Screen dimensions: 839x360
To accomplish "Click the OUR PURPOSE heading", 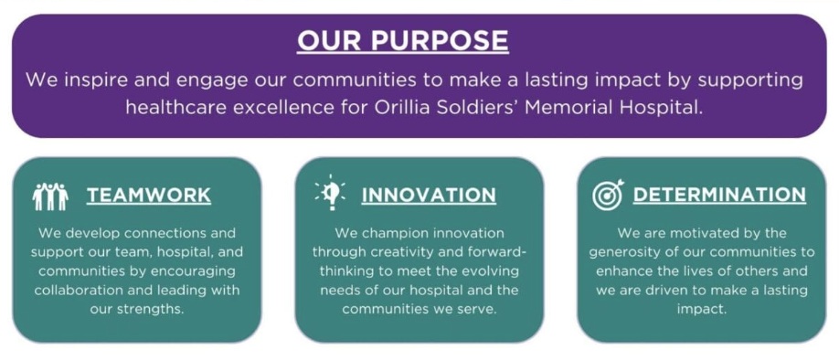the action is tap(403, 40).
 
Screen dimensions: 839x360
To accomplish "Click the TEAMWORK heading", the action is tap(149, 196).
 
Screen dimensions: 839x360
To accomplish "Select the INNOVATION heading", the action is tap(429, 196).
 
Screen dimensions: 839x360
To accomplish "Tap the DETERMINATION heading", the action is tap(719, 196).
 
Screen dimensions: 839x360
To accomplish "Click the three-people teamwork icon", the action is tap(50, 196).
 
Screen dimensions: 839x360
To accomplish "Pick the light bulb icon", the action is tap(330, 193).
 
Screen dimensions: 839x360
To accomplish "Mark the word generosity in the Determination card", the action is tap(622, 252).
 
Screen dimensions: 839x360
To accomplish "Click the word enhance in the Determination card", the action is tap(621, 271).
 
